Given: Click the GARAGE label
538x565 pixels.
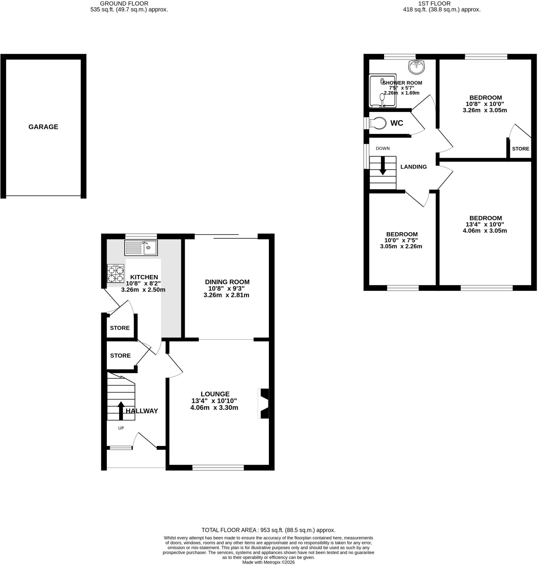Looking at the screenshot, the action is [43, 127].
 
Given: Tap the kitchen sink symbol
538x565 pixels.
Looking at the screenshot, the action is [141, 248].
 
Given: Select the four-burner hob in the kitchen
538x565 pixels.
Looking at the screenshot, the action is [116, 274].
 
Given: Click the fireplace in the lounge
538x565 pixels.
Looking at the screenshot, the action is [263, 404].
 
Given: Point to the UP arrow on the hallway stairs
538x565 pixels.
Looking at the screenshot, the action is [121, 411].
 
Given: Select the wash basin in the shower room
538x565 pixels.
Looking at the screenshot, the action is [416, 67].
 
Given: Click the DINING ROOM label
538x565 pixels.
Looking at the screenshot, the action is [227, 282].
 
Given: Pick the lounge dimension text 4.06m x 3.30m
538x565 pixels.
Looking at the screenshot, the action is [214, 407].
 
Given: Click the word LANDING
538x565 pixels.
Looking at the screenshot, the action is [414, 167].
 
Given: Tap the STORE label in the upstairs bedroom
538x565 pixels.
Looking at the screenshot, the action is [521, 149].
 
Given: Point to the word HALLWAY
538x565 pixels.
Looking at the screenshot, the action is [142, 411].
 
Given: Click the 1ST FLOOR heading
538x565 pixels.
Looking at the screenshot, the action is [434, 3].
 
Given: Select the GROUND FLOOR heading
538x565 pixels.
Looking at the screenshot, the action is [124, 3].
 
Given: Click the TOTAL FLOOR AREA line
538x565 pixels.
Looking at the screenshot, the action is [268, 530].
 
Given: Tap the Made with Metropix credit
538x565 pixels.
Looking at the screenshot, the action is [268, 562].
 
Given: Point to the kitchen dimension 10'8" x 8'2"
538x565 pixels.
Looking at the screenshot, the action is [143, 283].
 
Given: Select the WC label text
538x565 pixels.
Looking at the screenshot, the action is [397, 123].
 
